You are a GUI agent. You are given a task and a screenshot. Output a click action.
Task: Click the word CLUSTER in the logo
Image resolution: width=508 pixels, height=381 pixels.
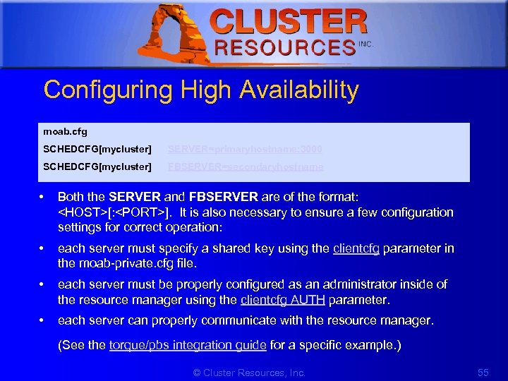289,22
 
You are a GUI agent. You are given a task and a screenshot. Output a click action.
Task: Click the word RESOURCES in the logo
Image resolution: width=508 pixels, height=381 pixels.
284,48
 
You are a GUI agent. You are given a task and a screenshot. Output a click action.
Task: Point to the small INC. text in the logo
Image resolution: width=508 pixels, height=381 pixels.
365,44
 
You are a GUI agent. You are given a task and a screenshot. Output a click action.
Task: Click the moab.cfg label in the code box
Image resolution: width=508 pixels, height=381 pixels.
65,131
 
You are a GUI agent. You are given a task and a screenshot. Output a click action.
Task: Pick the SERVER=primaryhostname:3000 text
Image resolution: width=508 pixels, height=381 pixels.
244,149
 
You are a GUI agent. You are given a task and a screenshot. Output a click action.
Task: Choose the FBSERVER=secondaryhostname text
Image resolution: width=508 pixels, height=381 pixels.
246,167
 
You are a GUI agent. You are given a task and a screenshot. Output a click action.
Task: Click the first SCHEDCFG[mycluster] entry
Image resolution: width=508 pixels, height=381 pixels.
97,149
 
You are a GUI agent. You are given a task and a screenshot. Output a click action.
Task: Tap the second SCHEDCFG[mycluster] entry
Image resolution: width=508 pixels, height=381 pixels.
97,167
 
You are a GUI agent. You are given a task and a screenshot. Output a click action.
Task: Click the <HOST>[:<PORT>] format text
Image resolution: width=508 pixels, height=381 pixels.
114,212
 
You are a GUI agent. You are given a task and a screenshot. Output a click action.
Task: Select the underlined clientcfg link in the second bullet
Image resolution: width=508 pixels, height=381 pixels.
356,248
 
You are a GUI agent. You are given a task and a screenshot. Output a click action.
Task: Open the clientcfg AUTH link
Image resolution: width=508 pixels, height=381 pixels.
282,300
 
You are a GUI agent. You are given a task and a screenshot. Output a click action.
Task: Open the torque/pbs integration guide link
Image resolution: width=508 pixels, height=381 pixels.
187,345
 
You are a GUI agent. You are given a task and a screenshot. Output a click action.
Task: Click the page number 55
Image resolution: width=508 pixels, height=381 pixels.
483,371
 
